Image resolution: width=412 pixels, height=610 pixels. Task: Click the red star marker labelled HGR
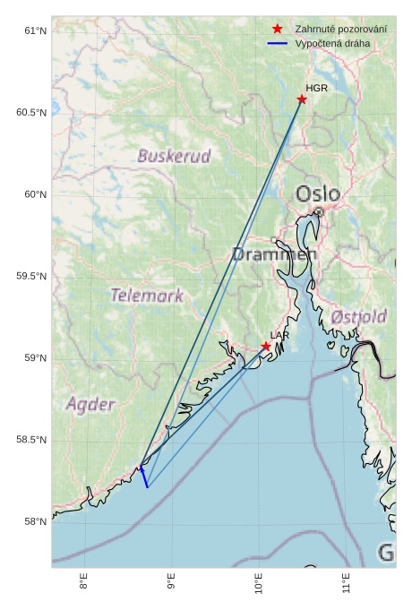(x=302, y=99)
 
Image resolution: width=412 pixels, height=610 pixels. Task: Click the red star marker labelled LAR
(x=266, y=347)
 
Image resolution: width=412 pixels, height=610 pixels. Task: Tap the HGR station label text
(x=316, y=89)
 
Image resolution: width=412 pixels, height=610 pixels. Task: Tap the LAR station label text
(x=279, y=335)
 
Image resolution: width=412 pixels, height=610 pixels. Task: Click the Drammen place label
(x=274, y=254)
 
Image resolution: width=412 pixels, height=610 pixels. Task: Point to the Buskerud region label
(x=174, y=156)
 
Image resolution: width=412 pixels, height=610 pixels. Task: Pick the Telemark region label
(x=147, y=295)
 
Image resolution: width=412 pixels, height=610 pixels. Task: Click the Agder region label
(x=90, y=404)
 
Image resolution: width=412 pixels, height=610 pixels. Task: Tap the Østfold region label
(x=358, y=317)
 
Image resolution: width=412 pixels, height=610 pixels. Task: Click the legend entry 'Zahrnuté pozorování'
(x=341, y=29)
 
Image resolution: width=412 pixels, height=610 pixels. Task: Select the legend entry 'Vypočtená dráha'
(x=332, y=43)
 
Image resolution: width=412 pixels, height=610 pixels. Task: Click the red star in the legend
(x=278, y=29)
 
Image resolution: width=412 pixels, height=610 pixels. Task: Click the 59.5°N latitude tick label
(x=31, y=277)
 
